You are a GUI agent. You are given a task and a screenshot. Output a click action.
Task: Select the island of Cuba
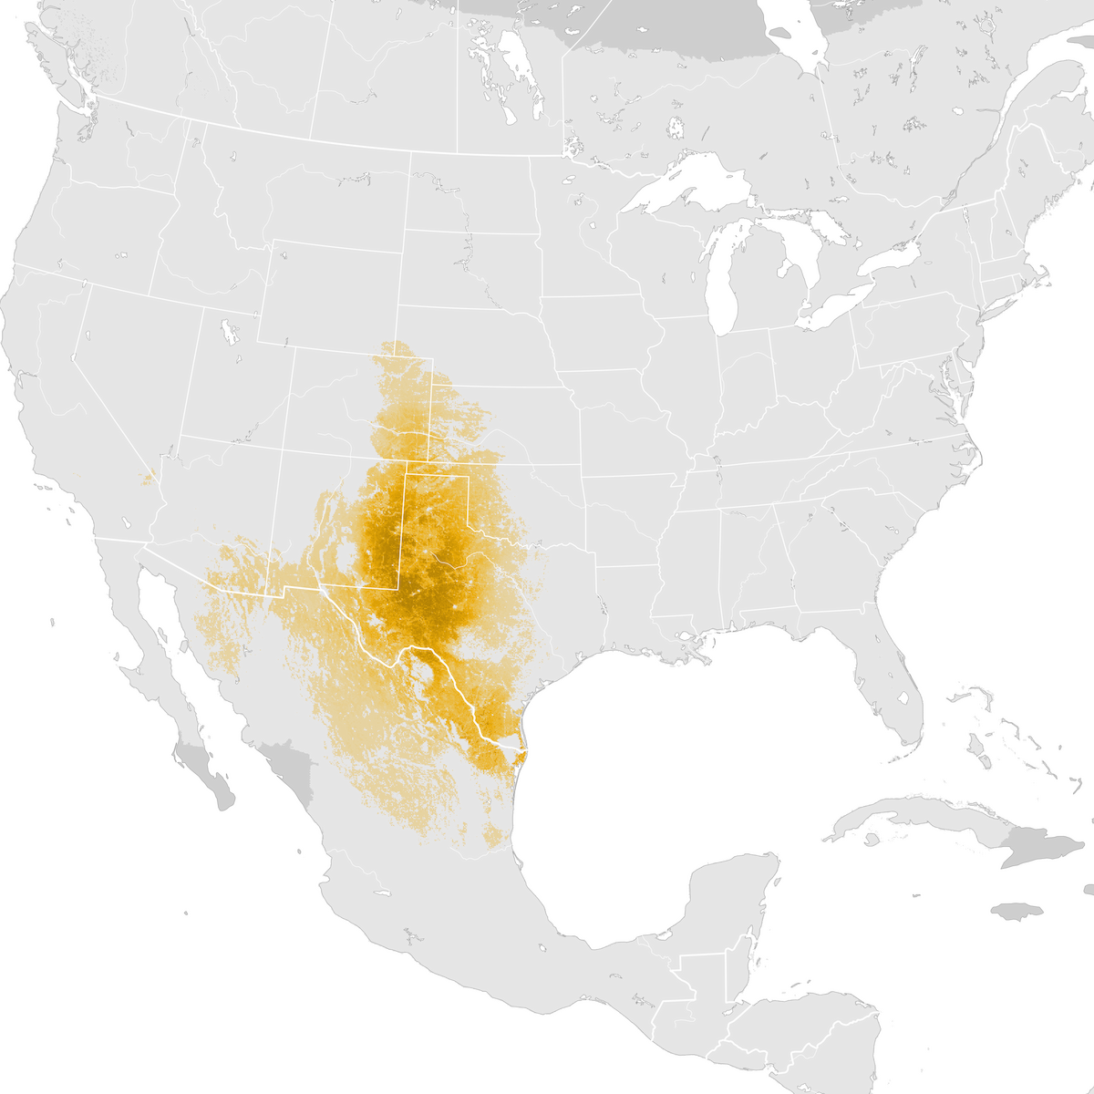[x=921, y=816]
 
